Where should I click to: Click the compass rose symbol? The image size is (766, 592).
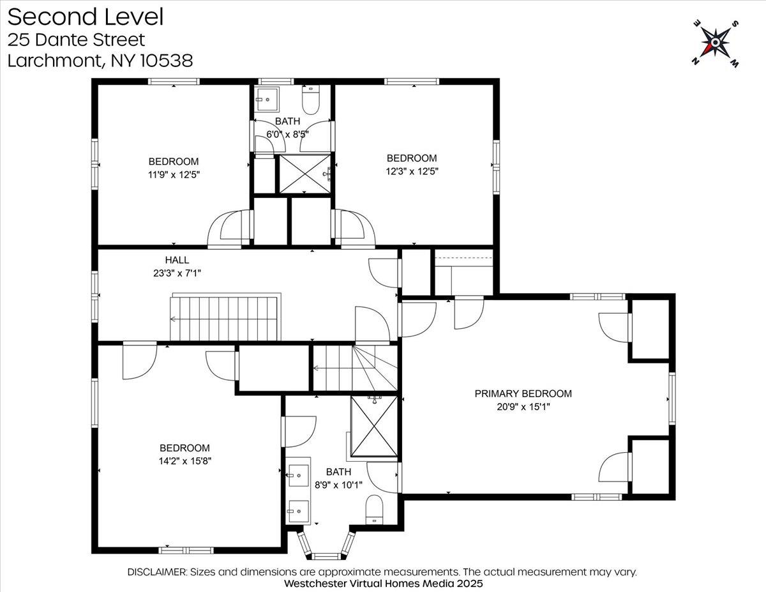coord(716,43)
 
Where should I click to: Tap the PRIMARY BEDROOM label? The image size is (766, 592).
coord(523,393)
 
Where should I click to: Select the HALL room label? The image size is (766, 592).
coord(177,260)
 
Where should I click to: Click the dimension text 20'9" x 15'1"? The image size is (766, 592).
coord(523,407)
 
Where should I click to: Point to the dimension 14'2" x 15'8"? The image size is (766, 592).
coord(184,461)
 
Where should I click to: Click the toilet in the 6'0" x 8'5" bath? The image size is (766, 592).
coord(311,100)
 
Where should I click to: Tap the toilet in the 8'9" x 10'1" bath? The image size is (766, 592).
coord(374,510)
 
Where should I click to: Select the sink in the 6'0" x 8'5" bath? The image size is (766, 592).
coord(267,99)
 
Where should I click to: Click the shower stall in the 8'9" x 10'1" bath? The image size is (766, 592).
coord(374,427)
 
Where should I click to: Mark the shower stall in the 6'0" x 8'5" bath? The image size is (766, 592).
coord(305,174)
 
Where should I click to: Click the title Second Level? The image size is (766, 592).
coord(86,17)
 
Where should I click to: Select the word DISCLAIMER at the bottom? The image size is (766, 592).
coord(157,572)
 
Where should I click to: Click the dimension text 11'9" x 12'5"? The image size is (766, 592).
coord(174,175)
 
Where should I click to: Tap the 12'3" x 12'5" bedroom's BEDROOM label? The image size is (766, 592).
coord(412,158)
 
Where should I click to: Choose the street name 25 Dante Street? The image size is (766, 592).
coord(76,40)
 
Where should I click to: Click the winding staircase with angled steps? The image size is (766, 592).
coord(356,368)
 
